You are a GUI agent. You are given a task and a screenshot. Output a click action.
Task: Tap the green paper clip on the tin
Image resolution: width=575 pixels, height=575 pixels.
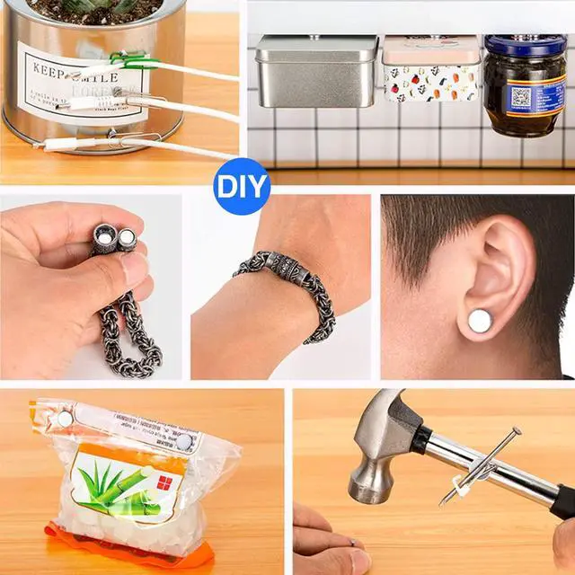tap(127, 60)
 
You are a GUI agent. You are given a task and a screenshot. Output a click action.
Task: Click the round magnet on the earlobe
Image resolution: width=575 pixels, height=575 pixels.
tap(481, 319)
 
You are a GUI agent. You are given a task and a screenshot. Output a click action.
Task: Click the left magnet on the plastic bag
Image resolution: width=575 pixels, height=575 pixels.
tap(65, 417)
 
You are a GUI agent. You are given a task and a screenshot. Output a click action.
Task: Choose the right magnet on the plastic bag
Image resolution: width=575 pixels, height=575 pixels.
tap(184, 441)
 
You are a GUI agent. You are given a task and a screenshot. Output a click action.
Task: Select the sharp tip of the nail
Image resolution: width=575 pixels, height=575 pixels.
tap(441, 502)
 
